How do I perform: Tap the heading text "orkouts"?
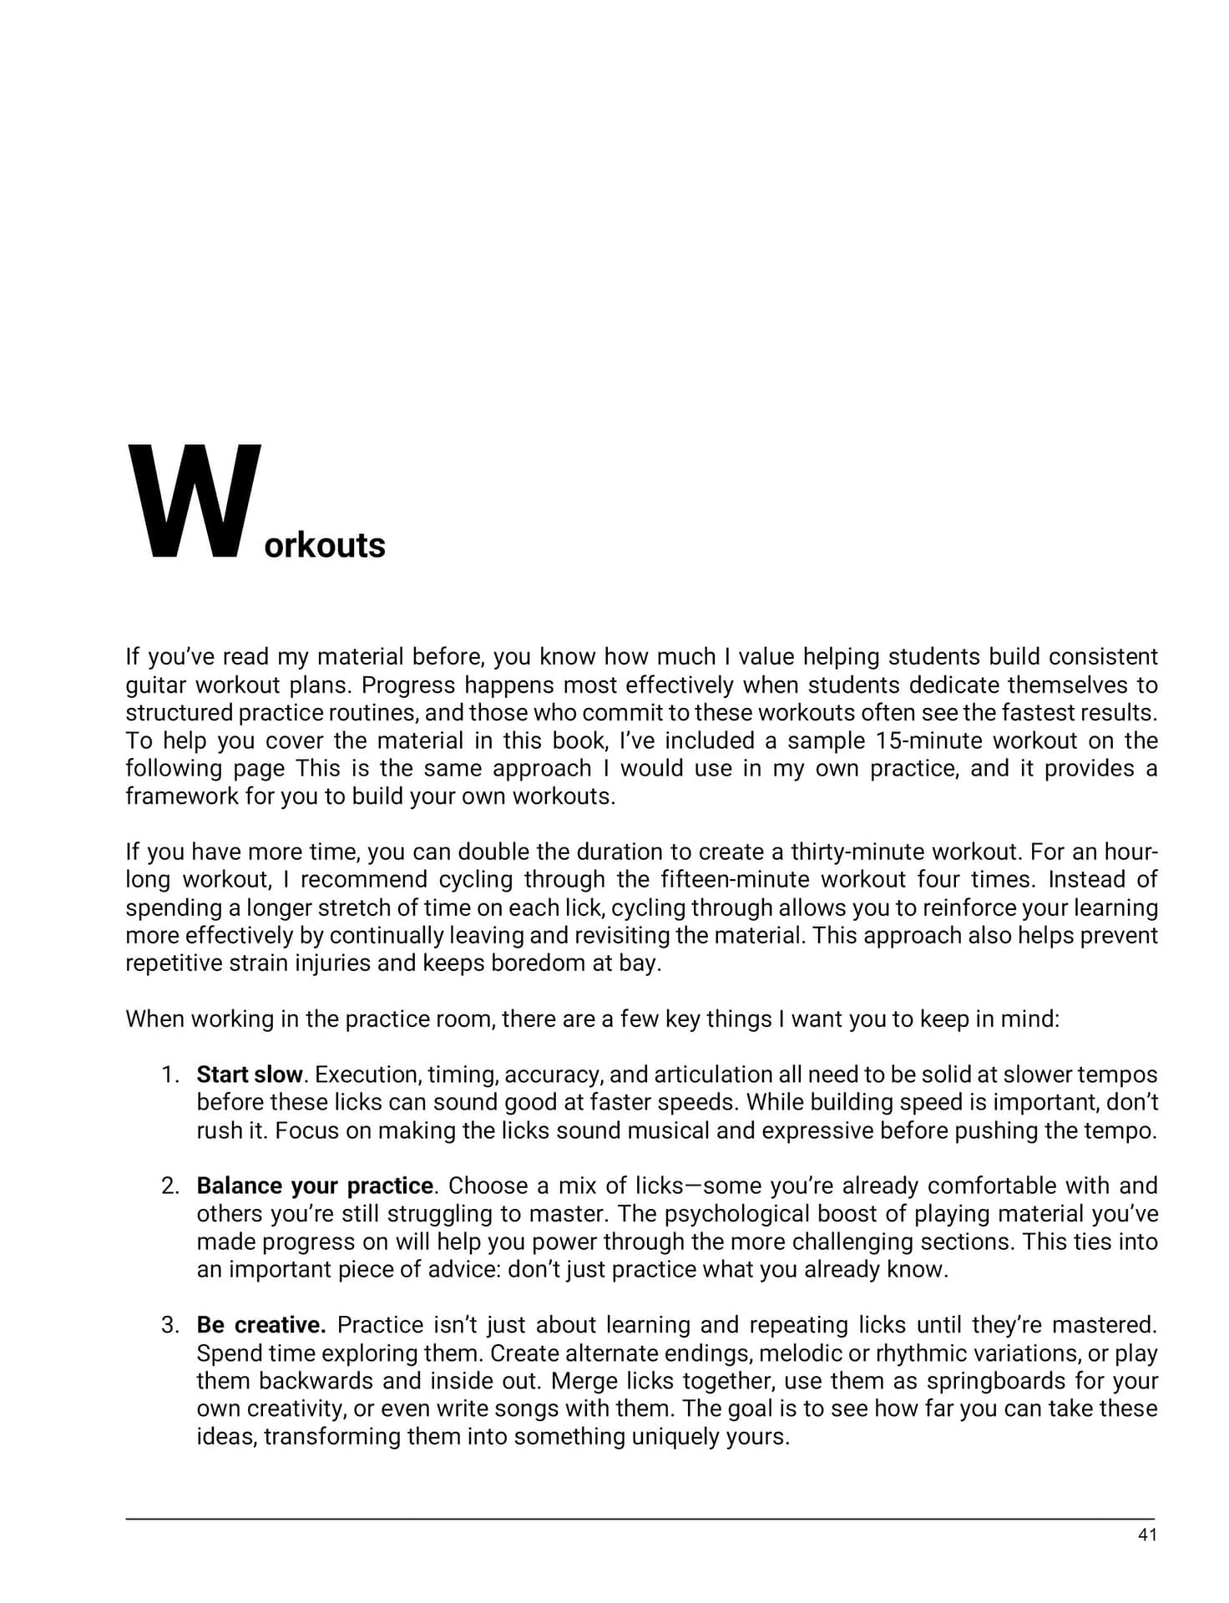pyautogui.click(x=325, y=546)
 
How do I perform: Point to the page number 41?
pyautogui.click(x=1147, y=1535)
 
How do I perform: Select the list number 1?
pyautogui.click(x=170, y=1075)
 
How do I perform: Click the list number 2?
pyautogui.click(x=170, y=1186)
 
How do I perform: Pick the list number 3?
pyautogui.click(x=170, y=1325)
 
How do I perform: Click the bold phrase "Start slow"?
pyautogui.click(x=249, y=1075)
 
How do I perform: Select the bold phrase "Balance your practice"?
pyautogui.click(x=315, y=1186)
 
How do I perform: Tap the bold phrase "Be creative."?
pyautogui.click(x=261, y=1325)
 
